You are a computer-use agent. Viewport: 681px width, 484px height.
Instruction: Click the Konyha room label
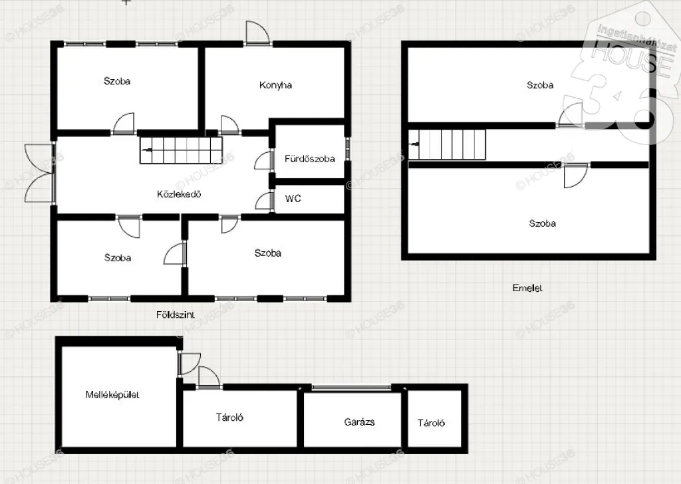click(275, 85)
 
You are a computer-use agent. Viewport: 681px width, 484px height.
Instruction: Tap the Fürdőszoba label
click(310, 159)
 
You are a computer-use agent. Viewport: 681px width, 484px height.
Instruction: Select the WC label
click(293, 199)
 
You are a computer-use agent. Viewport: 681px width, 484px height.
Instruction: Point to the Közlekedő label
click(179, 194)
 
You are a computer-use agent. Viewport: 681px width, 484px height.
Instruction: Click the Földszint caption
click(176, 314)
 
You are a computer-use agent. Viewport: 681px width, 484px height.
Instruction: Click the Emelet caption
click(527, 288)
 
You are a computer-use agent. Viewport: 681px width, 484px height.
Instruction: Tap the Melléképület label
click(112, 395)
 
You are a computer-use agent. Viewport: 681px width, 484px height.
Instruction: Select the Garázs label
click(359, 422)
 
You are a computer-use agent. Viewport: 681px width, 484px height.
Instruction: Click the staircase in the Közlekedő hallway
click(181, 150)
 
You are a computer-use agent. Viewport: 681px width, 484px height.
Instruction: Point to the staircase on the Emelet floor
click(447, 144)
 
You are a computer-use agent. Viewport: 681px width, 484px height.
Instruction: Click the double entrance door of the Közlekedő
click(39, 173)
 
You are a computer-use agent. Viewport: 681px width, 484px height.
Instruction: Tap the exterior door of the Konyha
click(258, 33)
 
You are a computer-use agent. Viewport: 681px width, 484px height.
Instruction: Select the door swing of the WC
click(263, 202)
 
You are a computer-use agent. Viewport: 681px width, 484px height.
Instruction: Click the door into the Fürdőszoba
click(262, 161)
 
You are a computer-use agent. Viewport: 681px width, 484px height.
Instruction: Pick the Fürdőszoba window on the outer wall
click(347, 150)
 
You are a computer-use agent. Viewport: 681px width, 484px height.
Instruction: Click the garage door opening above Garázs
click(351, 387)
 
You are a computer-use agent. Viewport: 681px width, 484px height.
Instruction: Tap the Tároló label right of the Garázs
click(431, 423)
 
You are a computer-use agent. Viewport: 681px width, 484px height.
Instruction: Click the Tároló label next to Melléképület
click(229, 418)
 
